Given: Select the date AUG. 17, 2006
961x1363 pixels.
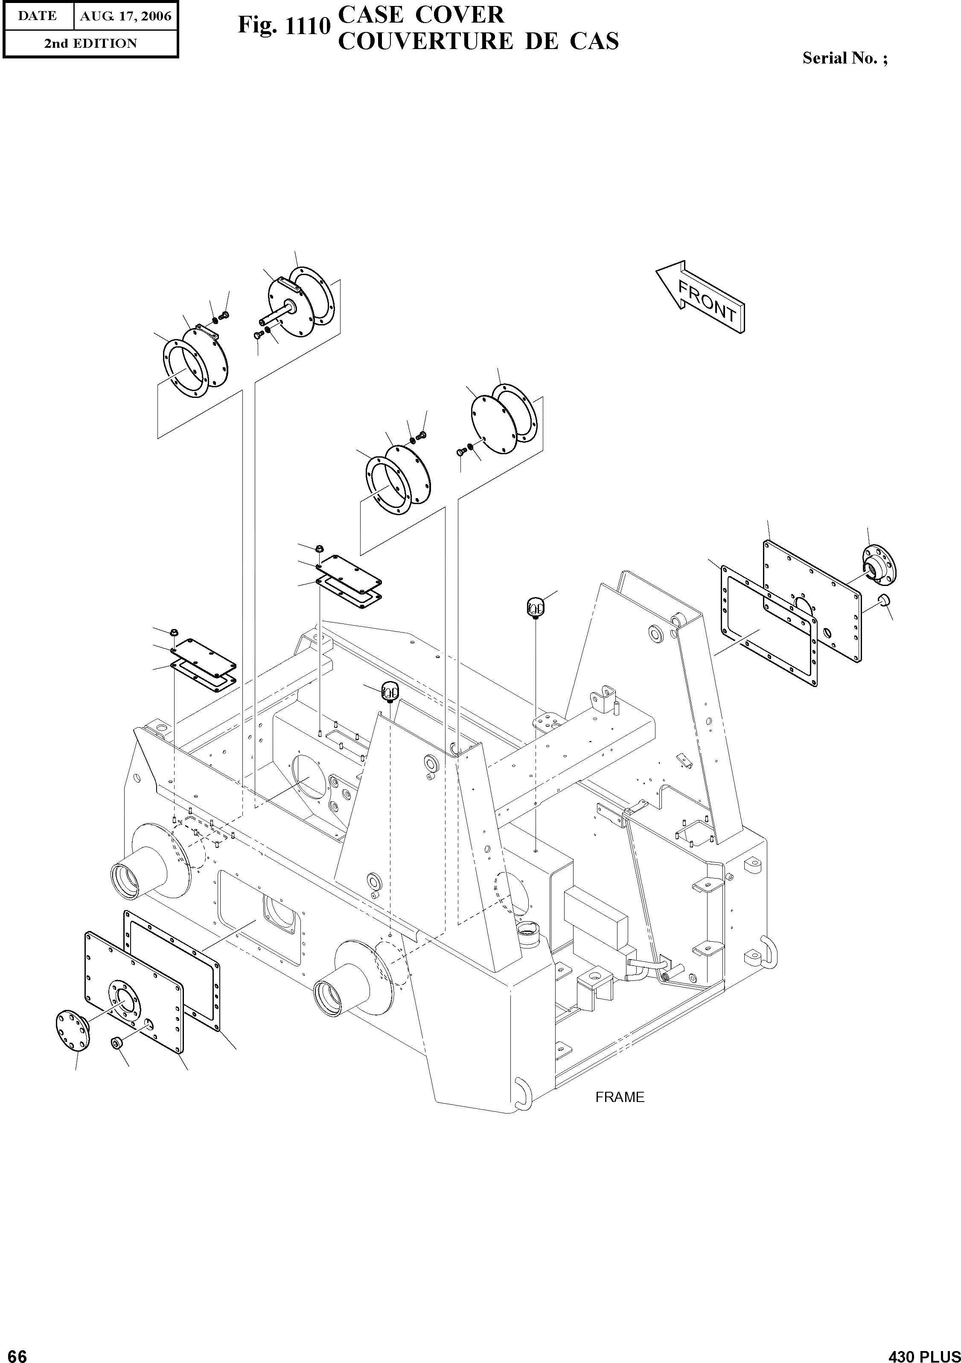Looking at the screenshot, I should [x=125, y=16].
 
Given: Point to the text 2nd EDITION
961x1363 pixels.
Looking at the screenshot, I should [x=90, y=43].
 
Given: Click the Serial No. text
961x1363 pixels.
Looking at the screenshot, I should [x=845, y=58].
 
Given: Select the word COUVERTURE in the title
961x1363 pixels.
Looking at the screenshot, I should [x=425, y=41].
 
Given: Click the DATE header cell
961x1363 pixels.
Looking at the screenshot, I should [x=38, y=16].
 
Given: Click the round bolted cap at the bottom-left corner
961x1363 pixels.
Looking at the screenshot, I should [x=72, y=1029].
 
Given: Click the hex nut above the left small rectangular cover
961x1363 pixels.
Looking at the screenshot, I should [x=175, y=631].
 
